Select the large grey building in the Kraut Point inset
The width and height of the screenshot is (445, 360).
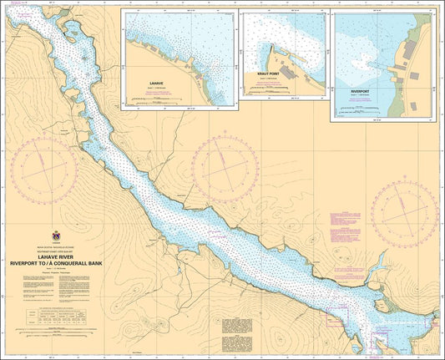click(x=286, y=73)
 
